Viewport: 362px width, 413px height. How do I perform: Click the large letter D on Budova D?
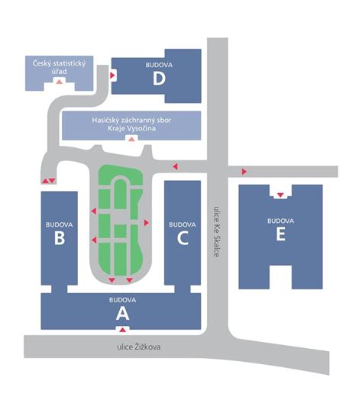click(159, 78)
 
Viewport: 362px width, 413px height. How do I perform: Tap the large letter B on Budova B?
click(60, 238)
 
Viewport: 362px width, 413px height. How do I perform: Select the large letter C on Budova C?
click(183, 238)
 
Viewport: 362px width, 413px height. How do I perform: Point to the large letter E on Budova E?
click(280, 234)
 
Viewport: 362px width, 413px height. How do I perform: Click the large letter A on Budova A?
click(122, 314)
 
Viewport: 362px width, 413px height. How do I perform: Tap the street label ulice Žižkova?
click(139, 347)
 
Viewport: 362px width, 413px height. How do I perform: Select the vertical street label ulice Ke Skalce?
click(216, 231)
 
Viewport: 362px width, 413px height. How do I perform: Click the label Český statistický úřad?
click(59, 67)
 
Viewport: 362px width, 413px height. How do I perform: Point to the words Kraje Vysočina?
click(131, 128)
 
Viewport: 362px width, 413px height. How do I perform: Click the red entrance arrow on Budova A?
click(122, 329)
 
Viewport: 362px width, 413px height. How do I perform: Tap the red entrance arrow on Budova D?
click(112, 76)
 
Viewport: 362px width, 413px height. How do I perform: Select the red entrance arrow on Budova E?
click(280, 195)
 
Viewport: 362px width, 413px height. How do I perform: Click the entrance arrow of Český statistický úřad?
click(59, 82)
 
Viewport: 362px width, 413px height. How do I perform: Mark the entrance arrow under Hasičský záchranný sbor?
click(131, 138)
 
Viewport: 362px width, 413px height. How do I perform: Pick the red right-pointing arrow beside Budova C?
click(147, 223)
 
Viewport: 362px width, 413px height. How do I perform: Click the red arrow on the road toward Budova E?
click(244, 172)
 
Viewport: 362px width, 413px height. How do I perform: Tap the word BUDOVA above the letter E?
click(280, 221)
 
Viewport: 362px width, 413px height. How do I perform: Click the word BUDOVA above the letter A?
click(122, 300)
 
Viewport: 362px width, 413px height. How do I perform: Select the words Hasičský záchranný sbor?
click(131, 120)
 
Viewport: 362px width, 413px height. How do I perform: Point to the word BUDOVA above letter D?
click(159, 65)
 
